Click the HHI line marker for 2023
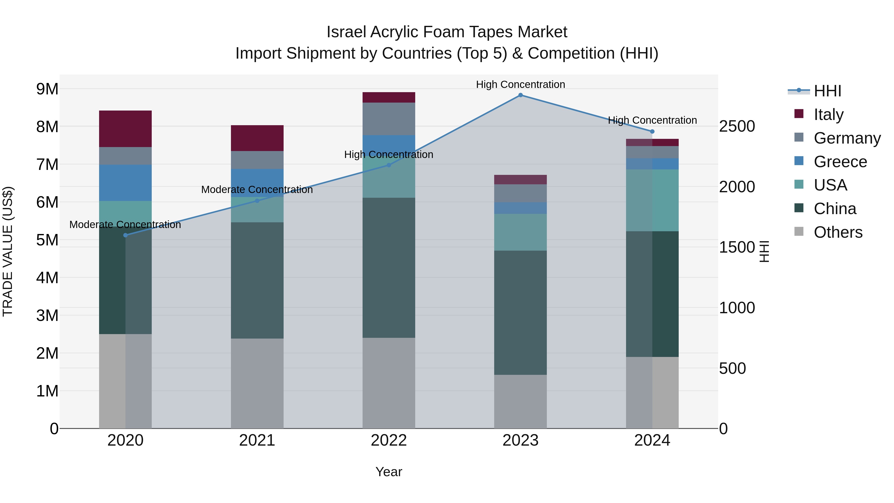coord(520,95)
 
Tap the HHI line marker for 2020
coord(126,235)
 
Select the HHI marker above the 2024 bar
coord(652,132)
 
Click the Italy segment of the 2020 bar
coord(125,129)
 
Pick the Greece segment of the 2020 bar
coord(125,183)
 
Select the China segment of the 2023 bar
coord(520,312)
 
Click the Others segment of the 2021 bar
coord(257,383)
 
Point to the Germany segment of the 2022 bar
coord(389,119)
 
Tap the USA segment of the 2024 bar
coord(652,200)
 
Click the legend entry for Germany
coord(847,138)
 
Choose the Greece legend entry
coord(840,162)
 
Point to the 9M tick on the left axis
coord(47,89)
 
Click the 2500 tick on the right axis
coord(737,126)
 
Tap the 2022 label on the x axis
coord(389,440)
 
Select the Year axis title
coord(389,472)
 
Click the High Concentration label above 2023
coord(520,84)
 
